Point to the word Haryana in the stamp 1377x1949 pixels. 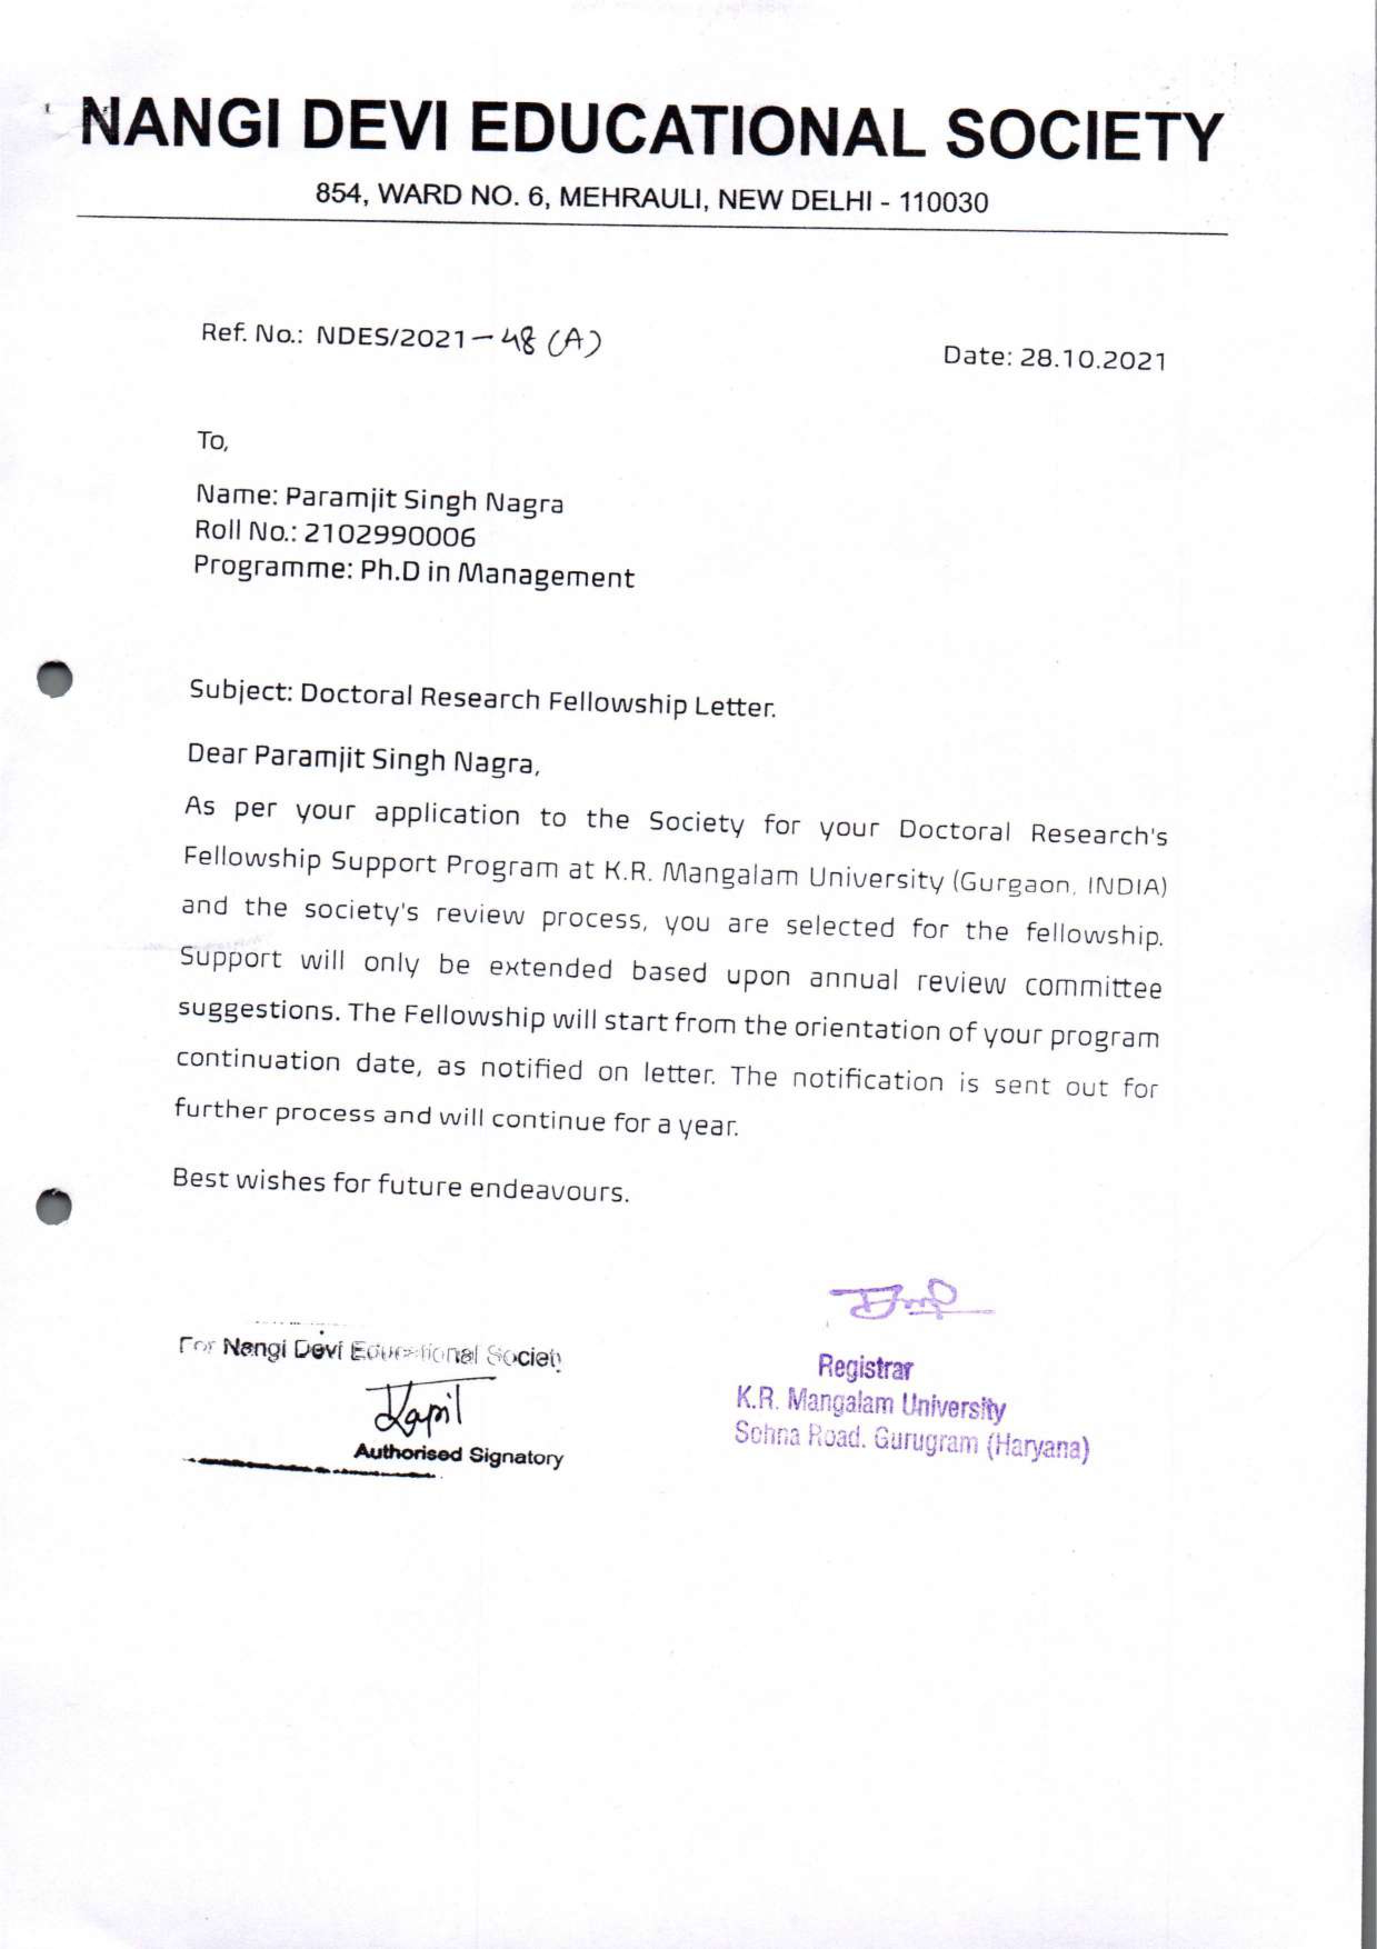coord(1037,1446)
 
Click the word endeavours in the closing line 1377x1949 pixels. coord(548,1190)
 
